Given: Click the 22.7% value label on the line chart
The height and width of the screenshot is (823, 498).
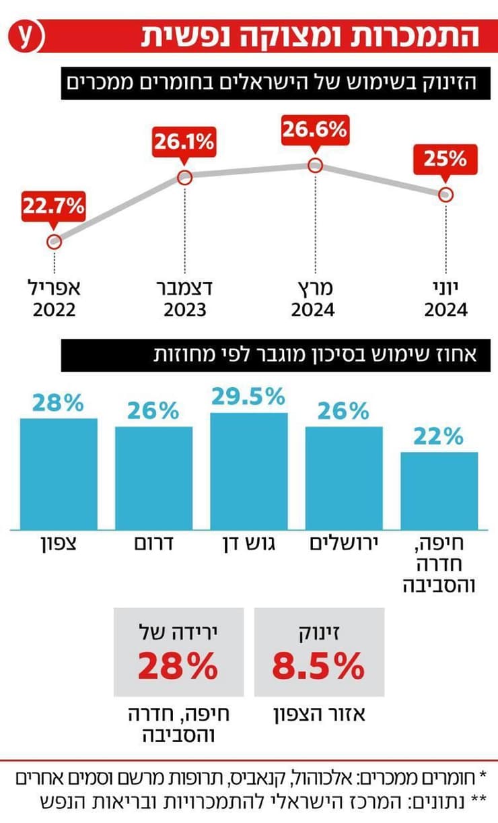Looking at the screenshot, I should pos(54,206).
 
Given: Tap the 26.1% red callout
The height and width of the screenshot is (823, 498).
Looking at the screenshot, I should pos(184,142).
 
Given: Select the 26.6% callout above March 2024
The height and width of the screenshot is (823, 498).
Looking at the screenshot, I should pos(314,128).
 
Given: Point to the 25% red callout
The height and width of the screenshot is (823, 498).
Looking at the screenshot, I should pos(445,159).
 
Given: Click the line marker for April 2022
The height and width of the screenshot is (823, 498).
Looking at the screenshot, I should pos(55,241).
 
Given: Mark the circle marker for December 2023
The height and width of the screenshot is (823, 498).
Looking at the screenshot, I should pos(185,178).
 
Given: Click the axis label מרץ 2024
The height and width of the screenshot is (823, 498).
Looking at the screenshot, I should pos(313,300).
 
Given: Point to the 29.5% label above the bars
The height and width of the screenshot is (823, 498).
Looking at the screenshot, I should pos(248,397).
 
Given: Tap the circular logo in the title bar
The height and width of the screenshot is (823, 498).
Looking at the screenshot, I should pos(26,36).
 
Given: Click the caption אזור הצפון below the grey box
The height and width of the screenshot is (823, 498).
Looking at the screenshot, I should pos(319,714).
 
